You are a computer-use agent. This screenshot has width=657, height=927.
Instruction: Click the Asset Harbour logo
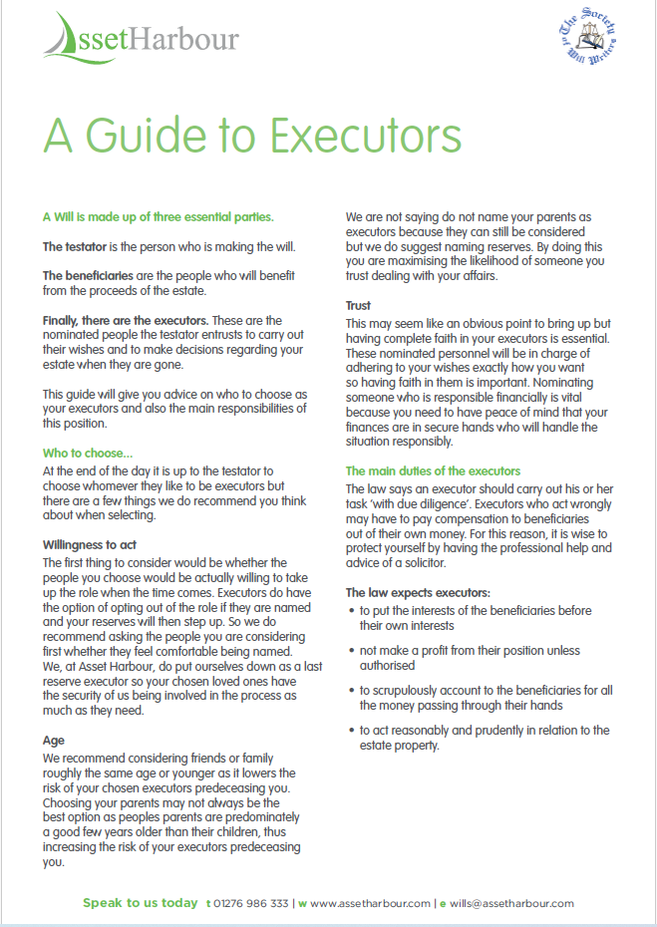click(x=141, y=40)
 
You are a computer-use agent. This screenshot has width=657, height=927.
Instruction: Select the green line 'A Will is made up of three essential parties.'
click(x=159, y=216)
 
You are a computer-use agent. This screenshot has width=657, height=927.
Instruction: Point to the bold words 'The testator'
click(x=77, y=246)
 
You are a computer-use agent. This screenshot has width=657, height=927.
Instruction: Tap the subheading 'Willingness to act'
click(x=104, y=545)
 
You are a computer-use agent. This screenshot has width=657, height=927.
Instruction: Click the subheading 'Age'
click(x=54, y=741)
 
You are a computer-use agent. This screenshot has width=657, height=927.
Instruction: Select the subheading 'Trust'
click(x=359, y=306)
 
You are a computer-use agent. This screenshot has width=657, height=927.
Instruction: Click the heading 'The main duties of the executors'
click(x=433, y=471)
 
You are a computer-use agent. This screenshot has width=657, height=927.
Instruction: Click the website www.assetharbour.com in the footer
click(x=370, y=903)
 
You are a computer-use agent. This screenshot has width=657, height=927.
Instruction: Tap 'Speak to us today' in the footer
click(x=140, y=903)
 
